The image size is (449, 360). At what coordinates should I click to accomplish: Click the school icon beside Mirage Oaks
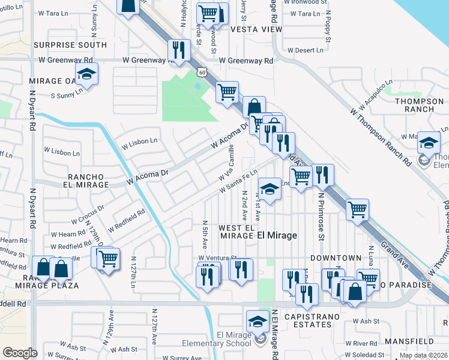click(88, 75)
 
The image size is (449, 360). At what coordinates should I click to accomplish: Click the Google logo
click(20, 353)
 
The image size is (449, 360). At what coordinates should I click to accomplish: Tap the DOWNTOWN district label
click(336, 258)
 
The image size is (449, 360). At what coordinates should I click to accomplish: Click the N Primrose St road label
click(321, 216)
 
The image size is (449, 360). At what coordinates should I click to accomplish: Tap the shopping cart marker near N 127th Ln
click(108, 260)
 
